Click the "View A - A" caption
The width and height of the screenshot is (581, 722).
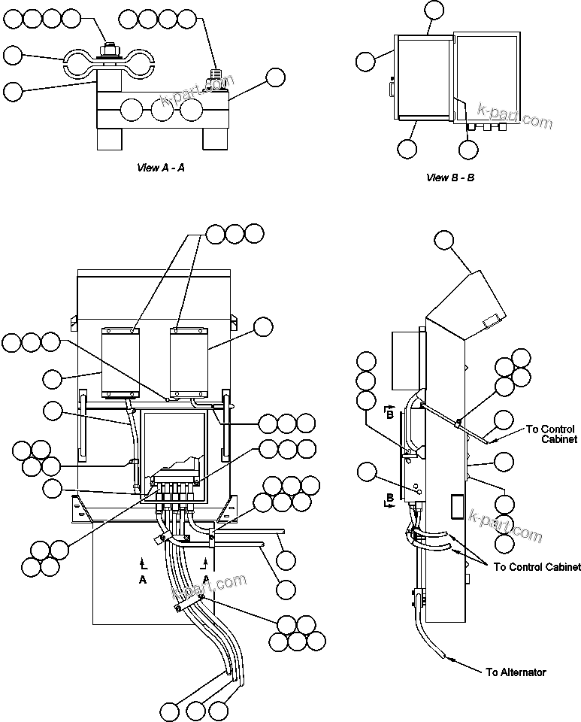point(160,168)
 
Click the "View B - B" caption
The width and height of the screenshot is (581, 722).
point(450,177)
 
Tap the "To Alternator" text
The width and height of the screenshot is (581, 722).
point(516,672)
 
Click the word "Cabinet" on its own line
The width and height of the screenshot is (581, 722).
point(559,439)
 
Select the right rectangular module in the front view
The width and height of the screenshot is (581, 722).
point(189,361)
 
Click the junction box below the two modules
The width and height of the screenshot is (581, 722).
point(174,447)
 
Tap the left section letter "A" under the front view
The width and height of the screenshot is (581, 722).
point(143,580)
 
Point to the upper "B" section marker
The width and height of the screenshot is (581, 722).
point(389,411)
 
